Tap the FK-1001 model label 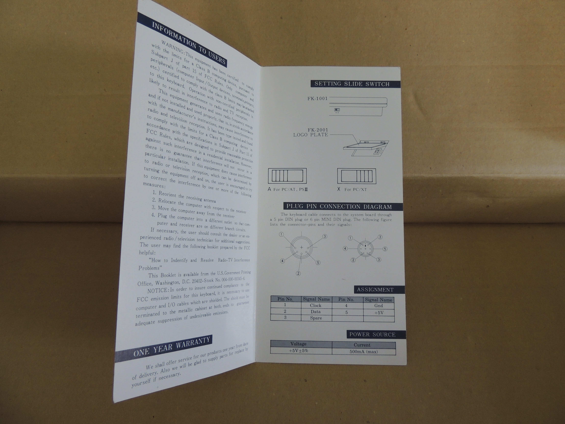coord(317,98)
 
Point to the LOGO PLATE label coord(311,135)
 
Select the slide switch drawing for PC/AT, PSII coord(287,176)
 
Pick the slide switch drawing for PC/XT coord(357,176)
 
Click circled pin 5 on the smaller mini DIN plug coord(385,249)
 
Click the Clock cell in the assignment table coord(316,305)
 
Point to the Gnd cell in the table coord(379,306)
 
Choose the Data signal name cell coord(316,311)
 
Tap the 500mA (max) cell coord(364,352)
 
